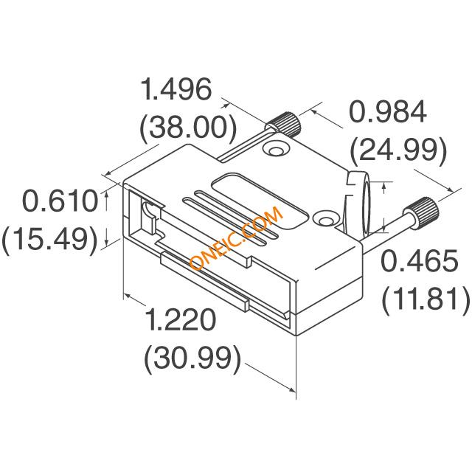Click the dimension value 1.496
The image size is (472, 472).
(176, 89)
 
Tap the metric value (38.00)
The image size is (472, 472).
(188, 128)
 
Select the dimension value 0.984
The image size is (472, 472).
(388, 111)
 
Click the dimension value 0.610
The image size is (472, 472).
(60, 201)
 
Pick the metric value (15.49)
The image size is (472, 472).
(50, 239)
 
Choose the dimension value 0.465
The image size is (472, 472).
(420, 260)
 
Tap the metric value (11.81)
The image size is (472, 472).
(426, 299)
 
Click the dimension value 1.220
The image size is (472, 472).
(181, 319)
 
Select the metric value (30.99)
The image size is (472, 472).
(192, 358)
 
